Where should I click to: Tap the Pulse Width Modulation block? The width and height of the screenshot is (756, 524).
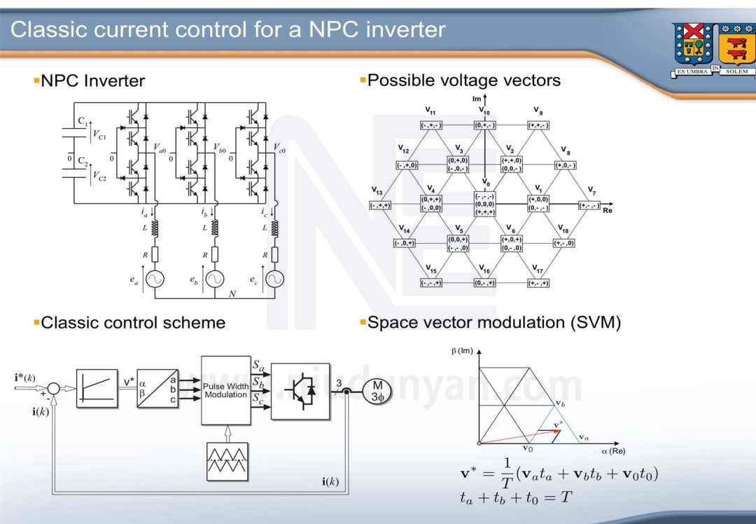225,390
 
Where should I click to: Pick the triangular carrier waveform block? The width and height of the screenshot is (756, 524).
225,461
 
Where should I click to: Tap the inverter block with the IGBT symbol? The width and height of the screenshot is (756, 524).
300,391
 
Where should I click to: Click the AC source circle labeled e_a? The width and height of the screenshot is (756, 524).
155,279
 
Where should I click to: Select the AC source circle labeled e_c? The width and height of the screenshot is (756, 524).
274,279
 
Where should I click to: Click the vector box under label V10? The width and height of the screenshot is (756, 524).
484,125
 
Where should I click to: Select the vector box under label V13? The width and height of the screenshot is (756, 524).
380,205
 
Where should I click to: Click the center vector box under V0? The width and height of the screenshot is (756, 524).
484,204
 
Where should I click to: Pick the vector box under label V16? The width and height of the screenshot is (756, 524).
484,283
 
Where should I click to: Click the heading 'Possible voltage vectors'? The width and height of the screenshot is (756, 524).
463,81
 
